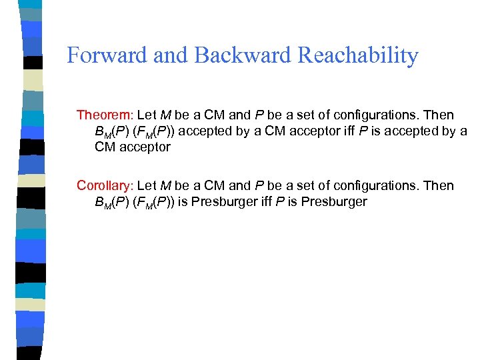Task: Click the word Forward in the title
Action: (107, 55)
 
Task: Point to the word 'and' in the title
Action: (171, 55)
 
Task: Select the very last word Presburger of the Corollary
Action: (334, 201)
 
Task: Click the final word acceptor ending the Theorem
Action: (145, 147)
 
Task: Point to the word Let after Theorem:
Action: (147, 115)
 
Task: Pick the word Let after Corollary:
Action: (147, 185)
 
